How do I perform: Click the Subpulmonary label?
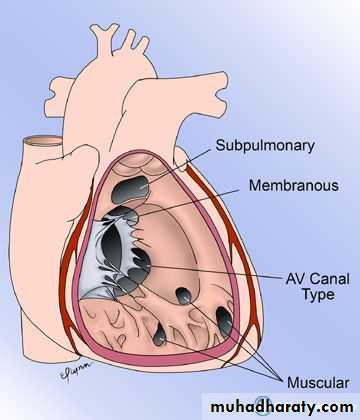(x=265, y=146)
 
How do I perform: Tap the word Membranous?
(x=294, y=185)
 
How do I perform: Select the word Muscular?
(x=318, y=382)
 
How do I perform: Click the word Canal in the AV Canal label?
(x=330, y=279)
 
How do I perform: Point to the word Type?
(x=318, y=295)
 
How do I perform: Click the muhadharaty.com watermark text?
(x=282, y=407)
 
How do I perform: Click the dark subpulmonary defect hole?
(x=129, y=190)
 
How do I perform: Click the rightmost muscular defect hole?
(x=224, y=321)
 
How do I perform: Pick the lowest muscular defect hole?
(x=159, y=335)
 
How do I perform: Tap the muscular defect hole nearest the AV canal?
(x=183, y=296)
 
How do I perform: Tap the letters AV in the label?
(x=296, y=279)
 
